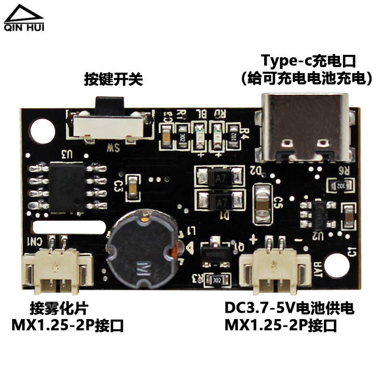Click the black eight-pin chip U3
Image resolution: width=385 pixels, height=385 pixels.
(67, 187)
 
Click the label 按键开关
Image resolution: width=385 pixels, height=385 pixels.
(114, 79)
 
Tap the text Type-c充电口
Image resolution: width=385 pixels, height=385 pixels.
(308, 61)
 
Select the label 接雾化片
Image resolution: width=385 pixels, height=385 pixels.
(59, 308)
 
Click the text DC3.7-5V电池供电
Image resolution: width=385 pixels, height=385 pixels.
(289, 308)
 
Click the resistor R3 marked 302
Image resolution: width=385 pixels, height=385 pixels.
(215, 279)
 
